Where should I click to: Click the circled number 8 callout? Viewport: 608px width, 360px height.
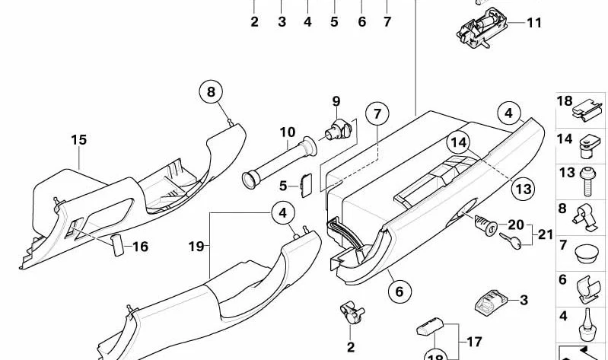pyautogui.click(x=211, y=92)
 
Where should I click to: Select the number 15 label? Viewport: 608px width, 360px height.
pyautogui.click(x=78, y=139)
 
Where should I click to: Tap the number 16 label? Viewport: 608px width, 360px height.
pyautogui.click(x=140, y=247)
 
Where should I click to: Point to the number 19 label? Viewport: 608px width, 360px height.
pyautogui.click(x=196, y=246)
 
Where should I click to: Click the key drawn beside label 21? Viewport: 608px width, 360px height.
pyautogui.click(x=511, y=241)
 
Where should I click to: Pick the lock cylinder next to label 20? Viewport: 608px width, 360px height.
pyautogui.click(x=485, y=225)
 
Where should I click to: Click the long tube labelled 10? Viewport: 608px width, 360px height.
pyautogui.click(x=279, y=163)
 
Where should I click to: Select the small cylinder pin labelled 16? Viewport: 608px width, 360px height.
pyautogui.click(x=117, y=245)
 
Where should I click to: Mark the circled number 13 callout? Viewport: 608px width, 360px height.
pyautogui.click(x=523, y=189)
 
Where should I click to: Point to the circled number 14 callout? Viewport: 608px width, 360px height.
pyautogui.click(x=458, y=143)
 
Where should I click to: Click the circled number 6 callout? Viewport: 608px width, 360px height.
pyautogui.click(x=399, y=292)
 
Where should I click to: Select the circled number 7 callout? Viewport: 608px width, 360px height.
pyautogui.click(x=377, y=113)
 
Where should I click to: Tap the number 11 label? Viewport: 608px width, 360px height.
pyautogui.click(x=534, y=23)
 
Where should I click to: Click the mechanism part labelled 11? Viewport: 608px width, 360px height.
pyautogui.click(x=482, y=27)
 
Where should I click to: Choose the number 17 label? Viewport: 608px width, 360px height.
pyautogui.click(x=474, y=342)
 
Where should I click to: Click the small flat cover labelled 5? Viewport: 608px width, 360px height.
pyautogui.click(x=307, y=186)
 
